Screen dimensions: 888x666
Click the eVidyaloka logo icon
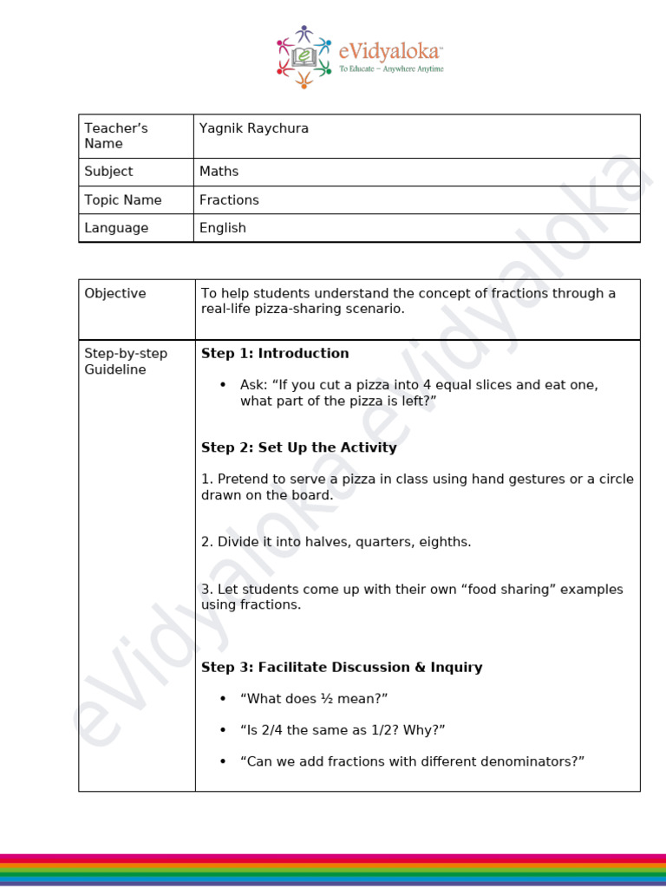point(304,57)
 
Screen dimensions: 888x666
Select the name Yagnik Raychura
point(254,128)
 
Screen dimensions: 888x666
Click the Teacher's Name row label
point(116,136)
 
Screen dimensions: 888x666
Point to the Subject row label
point(108,172)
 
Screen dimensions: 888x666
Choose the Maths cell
point(219,172)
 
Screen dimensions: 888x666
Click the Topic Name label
point(123,199)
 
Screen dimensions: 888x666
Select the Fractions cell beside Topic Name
point(229,199)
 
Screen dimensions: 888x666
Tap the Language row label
point(116,228)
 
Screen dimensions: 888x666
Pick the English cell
point(223,228)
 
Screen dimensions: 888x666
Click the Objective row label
point(115,293)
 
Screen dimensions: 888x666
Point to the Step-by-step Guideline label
point(126,362)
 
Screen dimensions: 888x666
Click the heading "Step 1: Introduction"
point(275,353)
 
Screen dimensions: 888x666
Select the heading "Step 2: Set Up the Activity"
point(299,447)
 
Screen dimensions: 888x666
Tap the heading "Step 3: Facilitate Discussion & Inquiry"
point(342,667)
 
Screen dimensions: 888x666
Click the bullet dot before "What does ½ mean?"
point(223,699)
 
